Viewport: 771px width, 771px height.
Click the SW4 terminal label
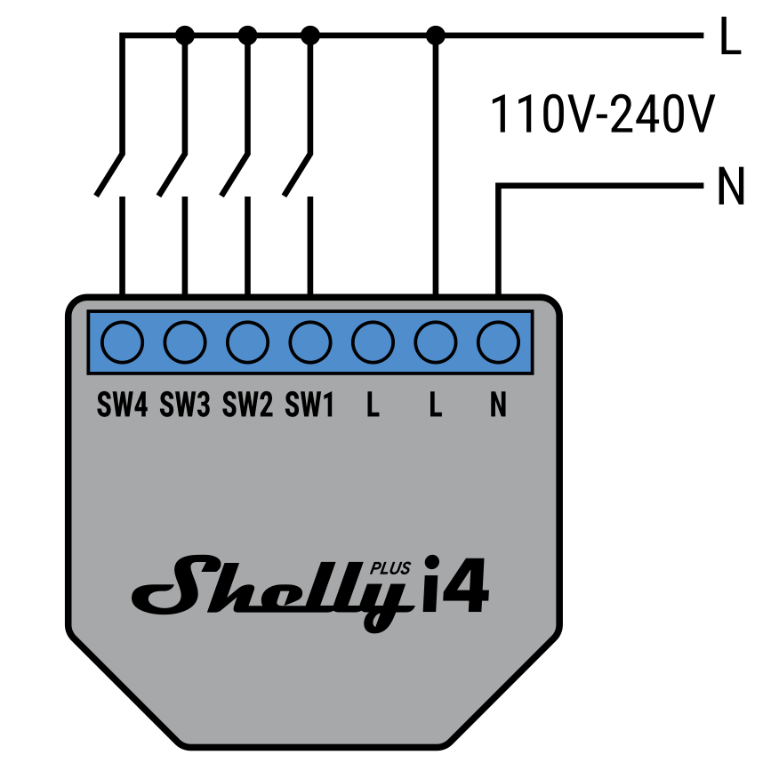(x=122, y=406)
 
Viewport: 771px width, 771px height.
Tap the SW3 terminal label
(x=185, y=406)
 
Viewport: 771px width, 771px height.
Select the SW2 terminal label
(x=247, y=406)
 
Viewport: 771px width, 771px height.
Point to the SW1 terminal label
(x=309, y=406)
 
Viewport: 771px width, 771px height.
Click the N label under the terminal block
(x=498, y=406)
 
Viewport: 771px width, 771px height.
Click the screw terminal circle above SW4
(x=122, y=341)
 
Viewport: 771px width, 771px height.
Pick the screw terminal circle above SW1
(x=310, y=341)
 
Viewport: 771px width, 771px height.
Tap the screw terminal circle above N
(x=498, y=341)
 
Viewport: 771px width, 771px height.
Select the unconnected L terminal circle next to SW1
(x=373, y=341)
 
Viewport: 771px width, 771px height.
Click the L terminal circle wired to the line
(x=436, y=341)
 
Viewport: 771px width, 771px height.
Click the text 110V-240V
(x=602, y=115)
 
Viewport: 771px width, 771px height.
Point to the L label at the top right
(x=730, y=39)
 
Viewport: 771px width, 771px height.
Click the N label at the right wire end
(x=730, y=188)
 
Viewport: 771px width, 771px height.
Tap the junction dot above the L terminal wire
(x=436, y=36)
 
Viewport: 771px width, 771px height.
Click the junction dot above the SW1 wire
(x=310, y=36)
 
